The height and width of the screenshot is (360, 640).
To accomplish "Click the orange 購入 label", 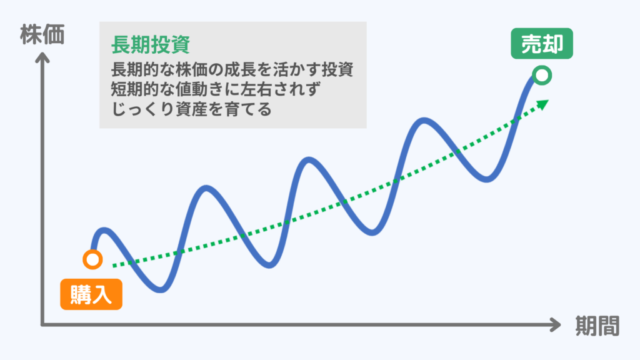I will click(x=91, y=294).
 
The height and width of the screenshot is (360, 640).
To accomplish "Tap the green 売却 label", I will click(x=542, y=44).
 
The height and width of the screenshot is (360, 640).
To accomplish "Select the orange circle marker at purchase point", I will click(x=92, y=259).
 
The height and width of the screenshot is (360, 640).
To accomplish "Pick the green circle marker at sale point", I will click(x=542, y=76).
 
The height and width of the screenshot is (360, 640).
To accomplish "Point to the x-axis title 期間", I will click(x=597, y=326).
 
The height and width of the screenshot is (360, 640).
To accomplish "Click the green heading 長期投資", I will click(x=150, y=44).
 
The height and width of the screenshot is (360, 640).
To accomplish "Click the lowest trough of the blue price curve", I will click(x=161, y=289).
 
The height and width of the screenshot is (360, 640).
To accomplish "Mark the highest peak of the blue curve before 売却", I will click(x=424, y=121).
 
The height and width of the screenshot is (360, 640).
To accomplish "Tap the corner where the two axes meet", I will click(x=42, y=325).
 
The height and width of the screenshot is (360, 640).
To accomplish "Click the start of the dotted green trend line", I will click(x=114, y=266).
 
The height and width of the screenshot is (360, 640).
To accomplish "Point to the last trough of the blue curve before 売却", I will click(x=489, y=179).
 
